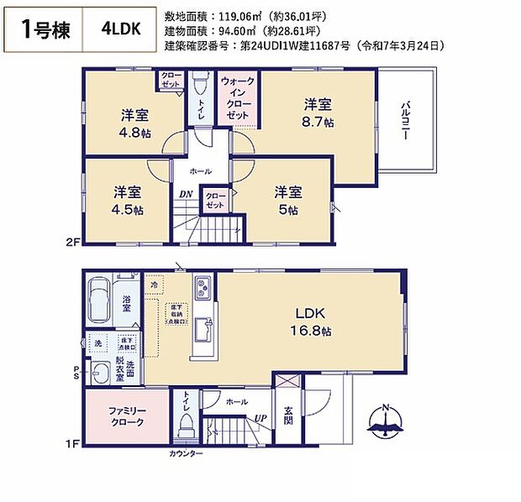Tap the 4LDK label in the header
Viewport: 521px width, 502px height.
pyautogui.click(x=123, y=29)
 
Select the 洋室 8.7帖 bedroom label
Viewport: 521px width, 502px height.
pyautogui.click(x=318, y=113)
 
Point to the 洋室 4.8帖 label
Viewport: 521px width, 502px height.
pyautogui.click(x=134, y=123)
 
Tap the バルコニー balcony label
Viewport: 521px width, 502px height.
pyautogui.click(x=405, y=118)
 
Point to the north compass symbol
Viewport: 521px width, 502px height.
pyautogui.click(x=385, y=425)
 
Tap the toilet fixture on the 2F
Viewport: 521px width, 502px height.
pyautogui.click(x=200, y=87)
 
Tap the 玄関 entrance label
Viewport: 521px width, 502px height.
pyautogui.click(x=287, y=416)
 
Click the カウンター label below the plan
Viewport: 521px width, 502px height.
pyautogui.click(x=186, y=453)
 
